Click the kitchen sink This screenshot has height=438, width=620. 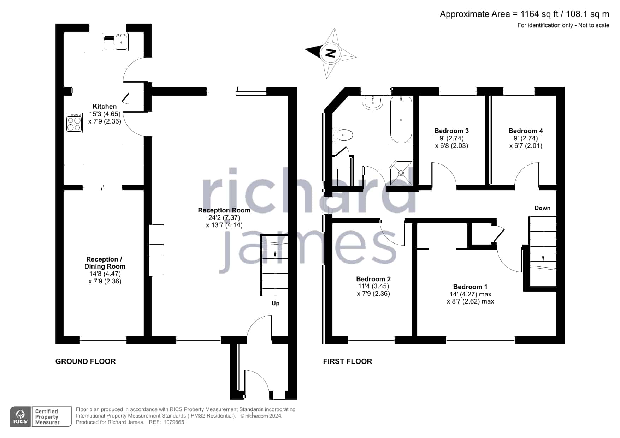(116, 42)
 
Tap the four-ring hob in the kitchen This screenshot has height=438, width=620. (74, 122)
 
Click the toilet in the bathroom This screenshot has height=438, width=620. (343, 135)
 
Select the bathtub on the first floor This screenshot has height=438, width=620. (401, 120)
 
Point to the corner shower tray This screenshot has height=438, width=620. (401, 173)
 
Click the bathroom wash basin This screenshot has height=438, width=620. (372, 102)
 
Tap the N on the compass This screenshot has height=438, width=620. (331, 53)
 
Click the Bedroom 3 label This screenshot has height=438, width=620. (451, 131)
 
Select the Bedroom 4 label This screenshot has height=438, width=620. (526, 131)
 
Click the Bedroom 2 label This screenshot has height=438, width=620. (373, 279)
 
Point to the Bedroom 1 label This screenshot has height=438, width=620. (470, 287)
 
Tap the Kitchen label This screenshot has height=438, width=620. (105, 107)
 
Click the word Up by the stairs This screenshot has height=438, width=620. (276, 304)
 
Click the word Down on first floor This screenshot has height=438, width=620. (542, 208)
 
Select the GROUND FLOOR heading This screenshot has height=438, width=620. (85, 361)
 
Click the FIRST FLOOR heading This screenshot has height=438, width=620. (348, 361)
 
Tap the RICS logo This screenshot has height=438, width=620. (21, 417)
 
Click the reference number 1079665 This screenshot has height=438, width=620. (173, 422)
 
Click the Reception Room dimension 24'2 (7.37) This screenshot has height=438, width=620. (224, 218)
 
